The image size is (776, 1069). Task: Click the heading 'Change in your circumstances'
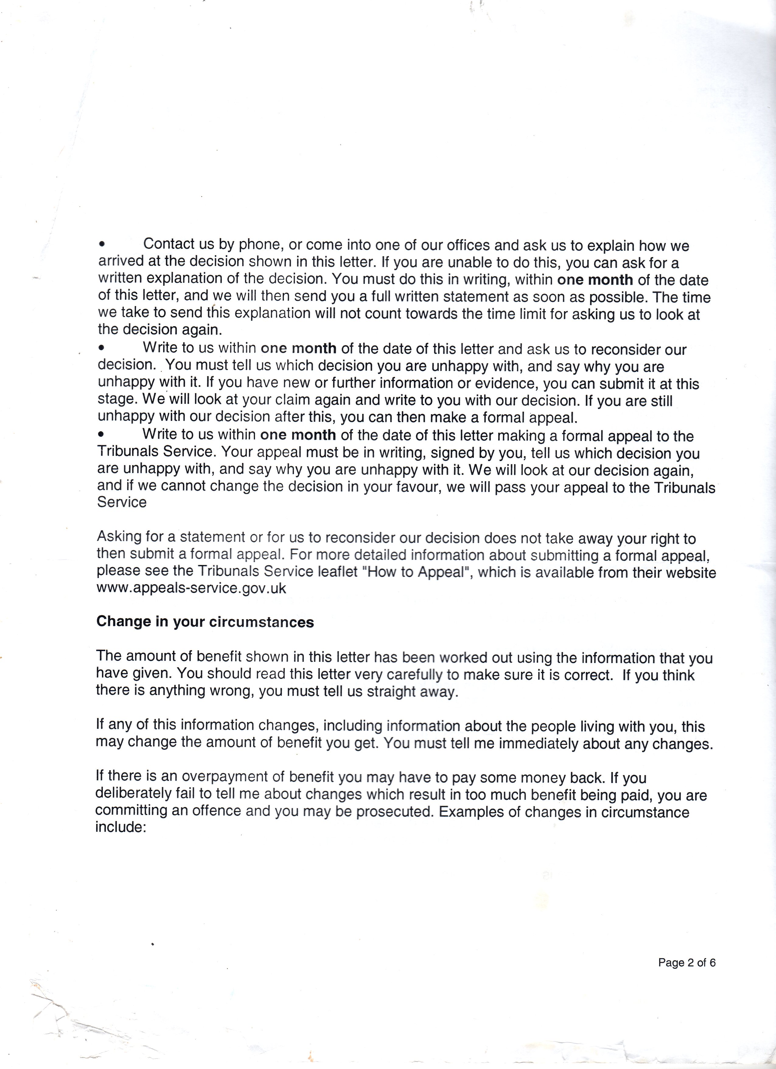pyautogui.click(x=205, y=622)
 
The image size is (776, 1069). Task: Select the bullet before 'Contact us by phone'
pyautogui.click(x=102, y=245)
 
